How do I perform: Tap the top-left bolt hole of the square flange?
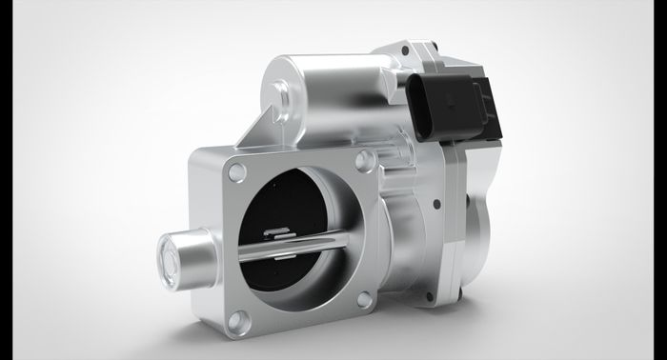point(237,172)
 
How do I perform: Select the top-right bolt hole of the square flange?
point(364,162)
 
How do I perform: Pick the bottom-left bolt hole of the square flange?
point(240,321)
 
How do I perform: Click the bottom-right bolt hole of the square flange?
point(364,302)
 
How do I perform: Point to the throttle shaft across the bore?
point(286,250)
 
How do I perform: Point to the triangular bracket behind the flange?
point(250,133)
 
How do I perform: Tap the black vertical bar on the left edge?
point(6,180)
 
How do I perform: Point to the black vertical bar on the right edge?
point(660,180)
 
